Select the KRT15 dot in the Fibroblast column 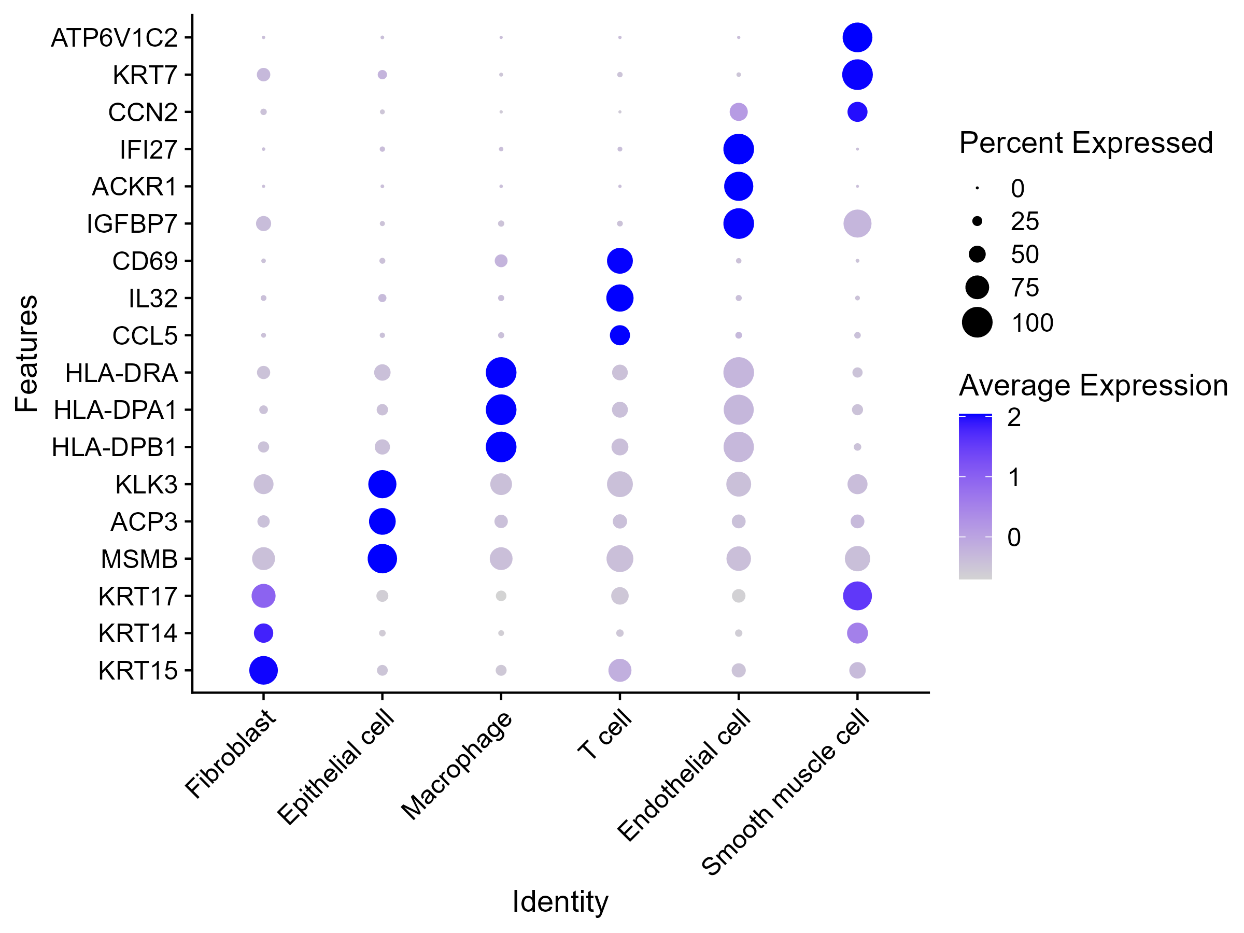click(x=263, y=670)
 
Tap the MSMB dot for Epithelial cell click(x=382, y=559)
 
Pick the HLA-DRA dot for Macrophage click(x=501, y=372)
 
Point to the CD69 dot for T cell click(x=619, y=261)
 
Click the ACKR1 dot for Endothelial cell click(x=738, y=186)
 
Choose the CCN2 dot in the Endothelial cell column click(x=738, y=112)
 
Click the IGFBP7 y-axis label click(x=132, y=224)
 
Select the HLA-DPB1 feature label click(x=115, y=448)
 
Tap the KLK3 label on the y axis click(x=146, y=485)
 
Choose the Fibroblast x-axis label click(x=231, y=754)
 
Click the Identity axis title click(x=560, y=902)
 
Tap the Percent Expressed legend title click(x=1085, y=143)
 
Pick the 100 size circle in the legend click(x=977, y=323)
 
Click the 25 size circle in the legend click(x=977, y=221)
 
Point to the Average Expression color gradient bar click(x=975, y=497)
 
